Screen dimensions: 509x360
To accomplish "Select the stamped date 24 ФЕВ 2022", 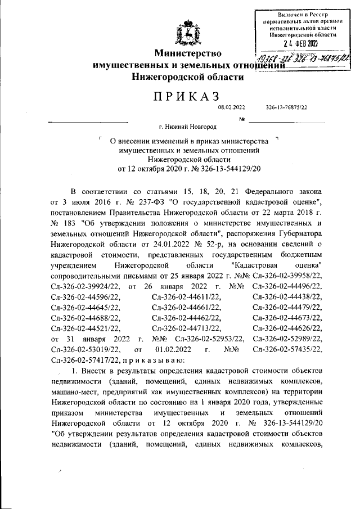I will [301, 43].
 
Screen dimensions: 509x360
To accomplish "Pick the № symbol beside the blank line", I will [243, 119].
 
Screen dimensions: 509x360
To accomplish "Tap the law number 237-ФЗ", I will [142, 201].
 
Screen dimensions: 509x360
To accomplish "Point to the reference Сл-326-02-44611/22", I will [186, 296].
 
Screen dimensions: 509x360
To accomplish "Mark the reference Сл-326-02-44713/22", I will [186, 327].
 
